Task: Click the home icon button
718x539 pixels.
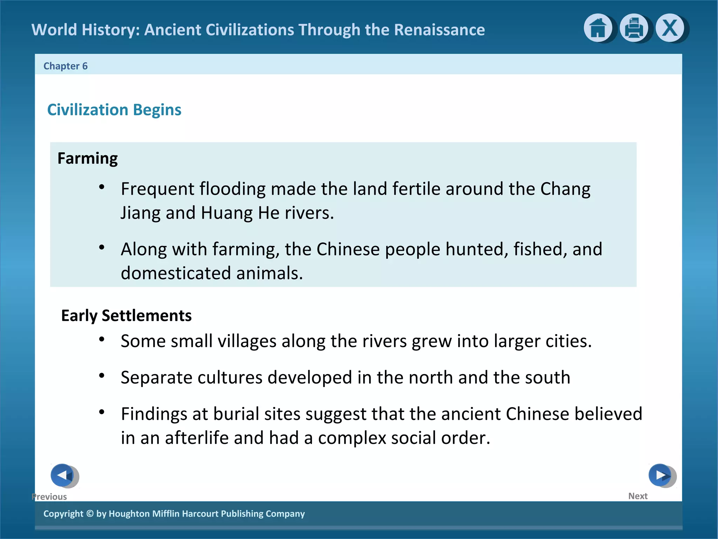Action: [x=598, y=28]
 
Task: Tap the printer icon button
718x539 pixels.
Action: [x=634, y=28]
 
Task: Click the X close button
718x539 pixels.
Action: [x=670, y=28]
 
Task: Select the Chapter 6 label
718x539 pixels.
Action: [x=65, y=66]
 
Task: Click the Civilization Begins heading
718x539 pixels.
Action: [x=114, y=110]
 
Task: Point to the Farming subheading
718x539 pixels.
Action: [x=88, y=158]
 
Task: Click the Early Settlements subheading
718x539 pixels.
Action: [x=126, y=315]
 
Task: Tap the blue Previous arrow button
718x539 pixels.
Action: [x=62, y=475]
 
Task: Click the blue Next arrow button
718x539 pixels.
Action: [x=660, y=475]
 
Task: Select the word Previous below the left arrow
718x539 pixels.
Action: [x=49, y=497]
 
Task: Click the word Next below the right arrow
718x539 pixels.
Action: [x=638, y=496]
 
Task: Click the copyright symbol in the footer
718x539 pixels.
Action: [x=90, y=513]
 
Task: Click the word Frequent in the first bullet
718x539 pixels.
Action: [x=158, y=189]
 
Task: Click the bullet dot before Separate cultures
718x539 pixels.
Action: [x=102, y=376]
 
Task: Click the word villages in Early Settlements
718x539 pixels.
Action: [x=247, y=341]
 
